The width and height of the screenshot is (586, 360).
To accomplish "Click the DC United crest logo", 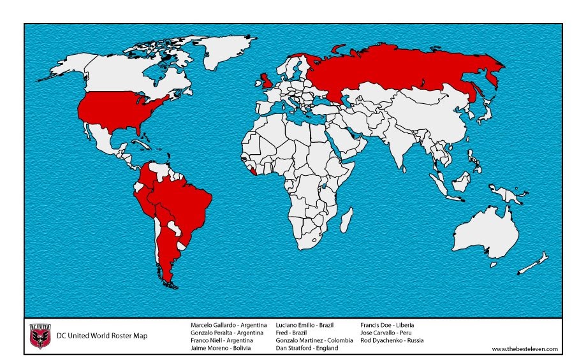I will (40, 336).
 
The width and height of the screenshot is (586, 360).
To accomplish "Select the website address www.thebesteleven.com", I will (524, 349).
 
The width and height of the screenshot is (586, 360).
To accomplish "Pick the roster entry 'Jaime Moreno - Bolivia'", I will (221, 349).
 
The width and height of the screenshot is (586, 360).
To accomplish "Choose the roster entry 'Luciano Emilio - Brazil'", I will (304, 325).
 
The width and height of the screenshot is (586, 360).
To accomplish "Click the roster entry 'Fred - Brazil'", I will (291, 333).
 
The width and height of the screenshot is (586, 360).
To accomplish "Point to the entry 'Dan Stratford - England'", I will (309, 349).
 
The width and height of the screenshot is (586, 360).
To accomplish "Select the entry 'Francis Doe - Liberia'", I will (387, 325).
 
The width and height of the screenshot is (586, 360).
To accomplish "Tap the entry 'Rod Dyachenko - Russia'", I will (392, 340).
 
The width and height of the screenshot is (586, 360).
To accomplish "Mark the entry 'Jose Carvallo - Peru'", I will (386, 333).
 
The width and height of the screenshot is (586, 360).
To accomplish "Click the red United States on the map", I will (121, 112).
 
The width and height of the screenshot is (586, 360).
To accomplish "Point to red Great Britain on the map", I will (267, 81).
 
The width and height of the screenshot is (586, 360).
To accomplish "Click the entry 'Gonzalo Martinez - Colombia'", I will (314, 340).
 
